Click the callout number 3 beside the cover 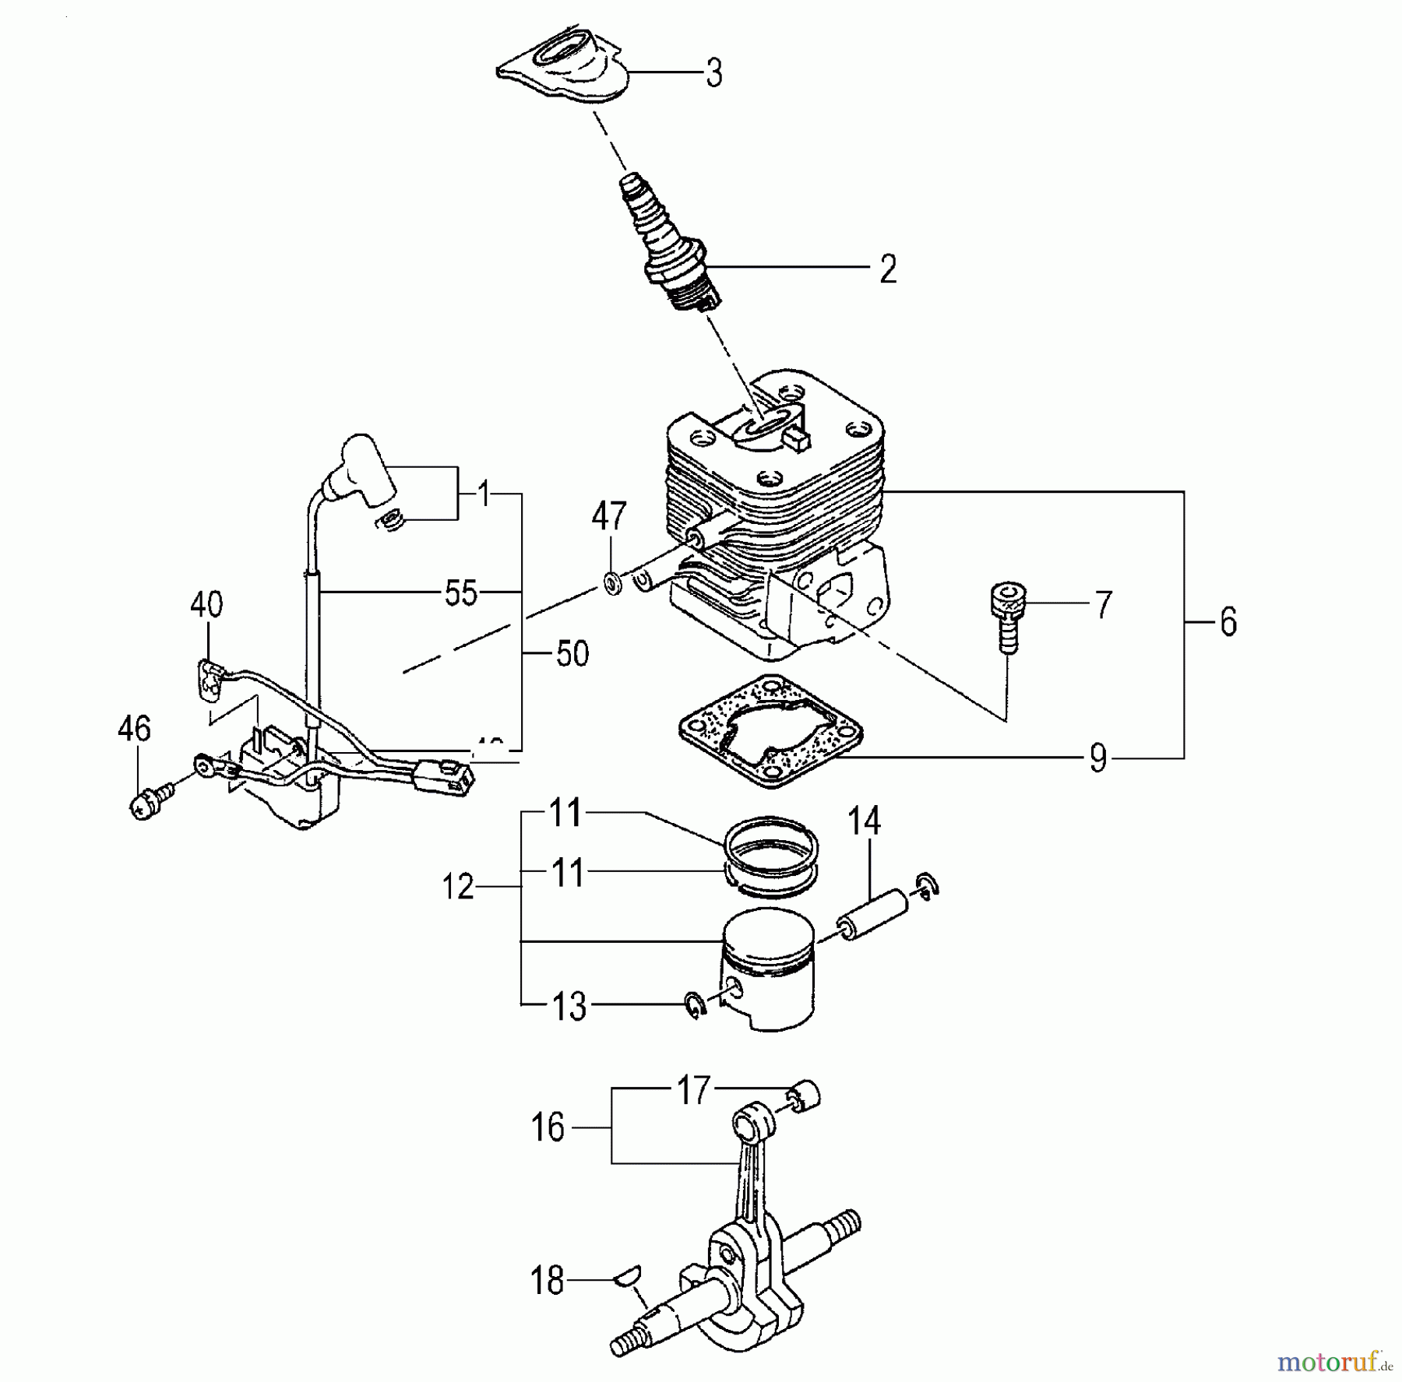(x=713, y=73)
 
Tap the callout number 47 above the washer (x=608, y=516)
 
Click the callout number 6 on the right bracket (x=1228, y=623)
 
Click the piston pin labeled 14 (x=872, y=916)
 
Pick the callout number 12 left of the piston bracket (x=457, y=888)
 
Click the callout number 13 (x=569, y=1007)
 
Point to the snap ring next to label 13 (x=694, y=1004)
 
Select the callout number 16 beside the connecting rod (x=548, y=1127)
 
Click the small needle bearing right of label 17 (x=805, y=1095)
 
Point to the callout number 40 (x=206, y=604)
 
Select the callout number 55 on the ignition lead (x=460, y=593)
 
